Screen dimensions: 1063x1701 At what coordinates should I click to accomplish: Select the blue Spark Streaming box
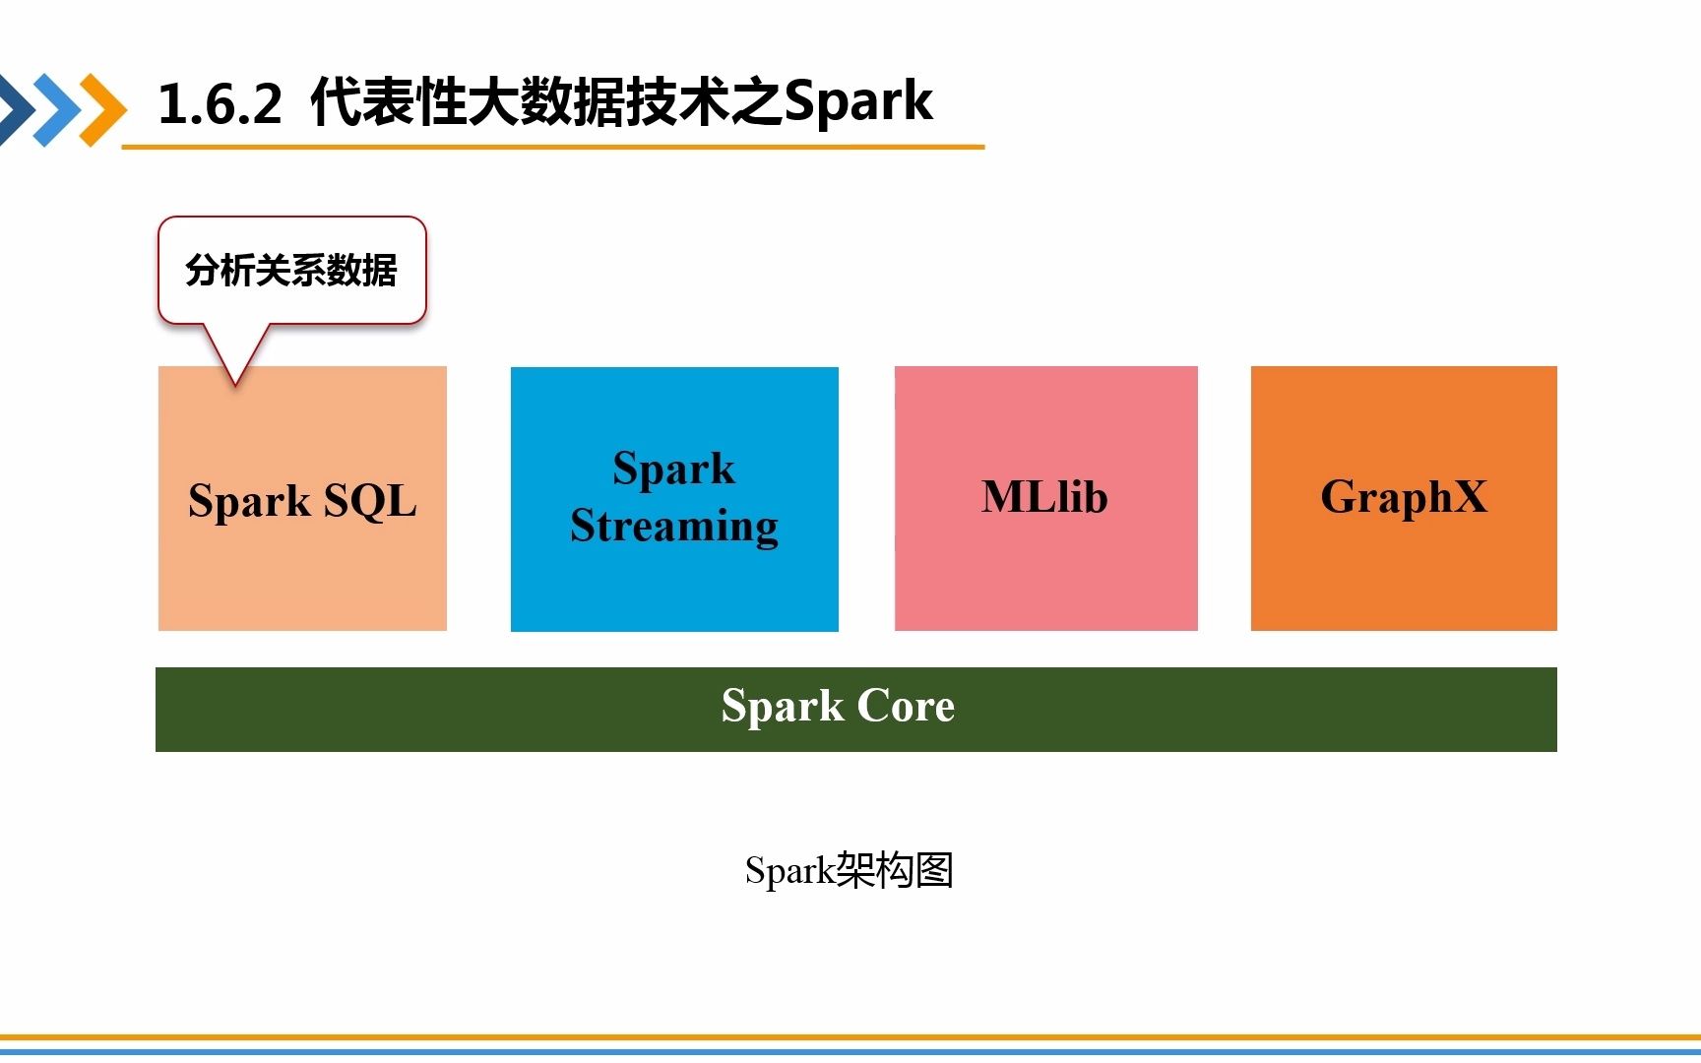point(674,591)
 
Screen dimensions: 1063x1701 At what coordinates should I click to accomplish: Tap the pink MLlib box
point(1045,571)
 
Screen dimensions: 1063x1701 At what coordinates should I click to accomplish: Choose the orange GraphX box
point(1404,571)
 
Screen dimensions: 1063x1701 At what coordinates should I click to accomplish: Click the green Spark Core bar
point(394,710)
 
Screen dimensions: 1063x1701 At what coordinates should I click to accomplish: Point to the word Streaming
point(674,526)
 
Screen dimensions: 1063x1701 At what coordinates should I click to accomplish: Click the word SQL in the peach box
point(370,501)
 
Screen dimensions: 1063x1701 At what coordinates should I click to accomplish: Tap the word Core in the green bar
point(906,706)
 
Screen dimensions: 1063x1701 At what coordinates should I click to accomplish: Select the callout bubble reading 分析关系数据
point(291,270)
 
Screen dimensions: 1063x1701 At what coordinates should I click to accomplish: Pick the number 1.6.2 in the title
point(220,103)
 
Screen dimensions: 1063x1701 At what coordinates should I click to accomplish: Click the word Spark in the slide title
point(858,101)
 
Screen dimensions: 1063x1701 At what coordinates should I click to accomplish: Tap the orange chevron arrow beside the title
point(103,109)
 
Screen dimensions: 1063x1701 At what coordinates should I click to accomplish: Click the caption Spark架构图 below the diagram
point(849,870)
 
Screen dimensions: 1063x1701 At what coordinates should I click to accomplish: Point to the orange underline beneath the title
point(551,148)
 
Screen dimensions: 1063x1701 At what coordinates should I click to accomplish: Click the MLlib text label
point(1044,497)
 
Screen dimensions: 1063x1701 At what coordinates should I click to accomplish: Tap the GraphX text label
point(1404,497)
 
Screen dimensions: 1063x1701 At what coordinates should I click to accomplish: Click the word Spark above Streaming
point(674,469)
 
